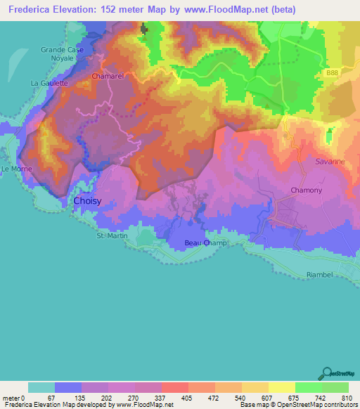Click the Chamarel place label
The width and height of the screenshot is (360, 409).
[106, 74]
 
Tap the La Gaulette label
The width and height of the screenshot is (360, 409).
[49, 83]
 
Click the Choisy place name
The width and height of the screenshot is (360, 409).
[88, 201]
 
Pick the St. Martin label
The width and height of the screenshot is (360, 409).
[110, 236]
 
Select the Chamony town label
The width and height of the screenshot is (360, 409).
[307, 190]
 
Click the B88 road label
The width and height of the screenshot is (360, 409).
[335, 72]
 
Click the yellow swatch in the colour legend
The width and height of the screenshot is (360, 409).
[281, 387]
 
